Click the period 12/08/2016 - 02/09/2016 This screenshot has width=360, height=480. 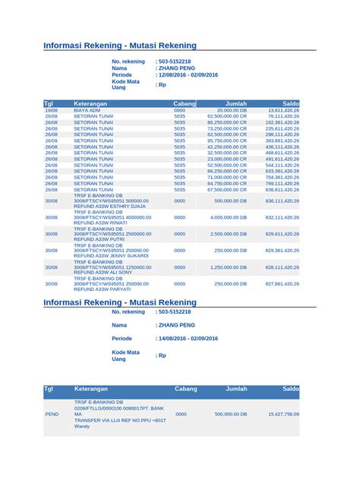(188, 74)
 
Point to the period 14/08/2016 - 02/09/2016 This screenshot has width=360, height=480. (188, 338)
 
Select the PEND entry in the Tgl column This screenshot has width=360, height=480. (52, 414)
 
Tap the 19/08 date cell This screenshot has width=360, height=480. (51, 110)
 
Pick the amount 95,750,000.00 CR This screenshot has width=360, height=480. (228, 141)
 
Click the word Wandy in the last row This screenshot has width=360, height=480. (81, 426)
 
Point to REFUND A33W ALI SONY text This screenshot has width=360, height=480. (99, 273)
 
